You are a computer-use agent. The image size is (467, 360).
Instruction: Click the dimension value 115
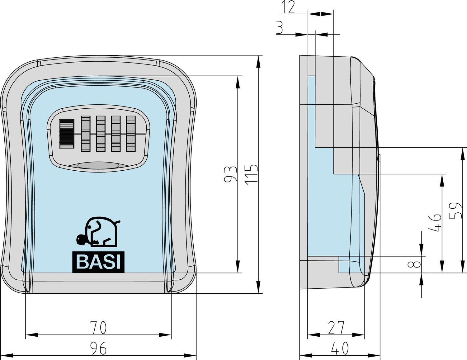point(252,174)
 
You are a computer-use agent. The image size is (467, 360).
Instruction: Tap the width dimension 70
point(98,327)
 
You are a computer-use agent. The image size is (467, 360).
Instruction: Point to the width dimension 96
point(98,348)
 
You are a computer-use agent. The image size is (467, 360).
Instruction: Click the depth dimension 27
point(336,327)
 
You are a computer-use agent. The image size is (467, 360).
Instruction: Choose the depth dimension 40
point(340,348)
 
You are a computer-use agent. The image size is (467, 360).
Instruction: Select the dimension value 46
point(435,223)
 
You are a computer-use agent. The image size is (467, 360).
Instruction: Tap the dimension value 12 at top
point(288,7)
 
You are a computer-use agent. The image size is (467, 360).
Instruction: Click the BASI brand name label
point(98,262)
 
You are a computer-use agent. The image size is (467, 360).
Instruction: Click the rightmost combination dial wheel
point(131,133)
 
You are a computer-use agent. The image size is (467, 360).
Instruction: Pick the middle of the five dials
point(101,133)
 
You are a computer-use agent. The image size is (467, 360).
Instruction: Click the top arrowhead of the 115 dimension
point(258,61)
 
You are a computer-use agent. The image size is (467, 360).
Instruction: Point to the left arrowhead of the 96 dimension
point(6,355)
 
